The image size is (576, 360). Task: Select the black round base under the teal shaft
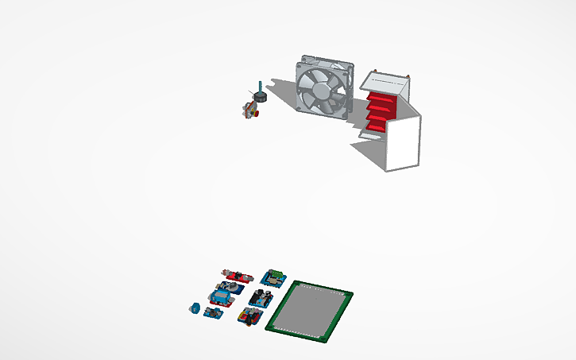pyautogui.click(x=257, y=98)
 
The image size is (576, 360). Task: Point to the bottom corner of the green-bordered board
pyautogui.click(x=322, y=343)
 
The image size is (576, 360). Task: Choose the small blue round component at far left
pyautogui.click(x=193, y=308)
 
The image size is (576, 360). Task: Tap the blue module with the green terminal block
pyautogui.click(x=276, y=277)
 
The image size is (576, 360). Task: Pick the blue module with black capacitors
pyautogui.click(x=261, y=298)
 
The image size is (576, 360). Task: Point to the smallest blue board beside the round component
pyautogui.click(x=212, y=312)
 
